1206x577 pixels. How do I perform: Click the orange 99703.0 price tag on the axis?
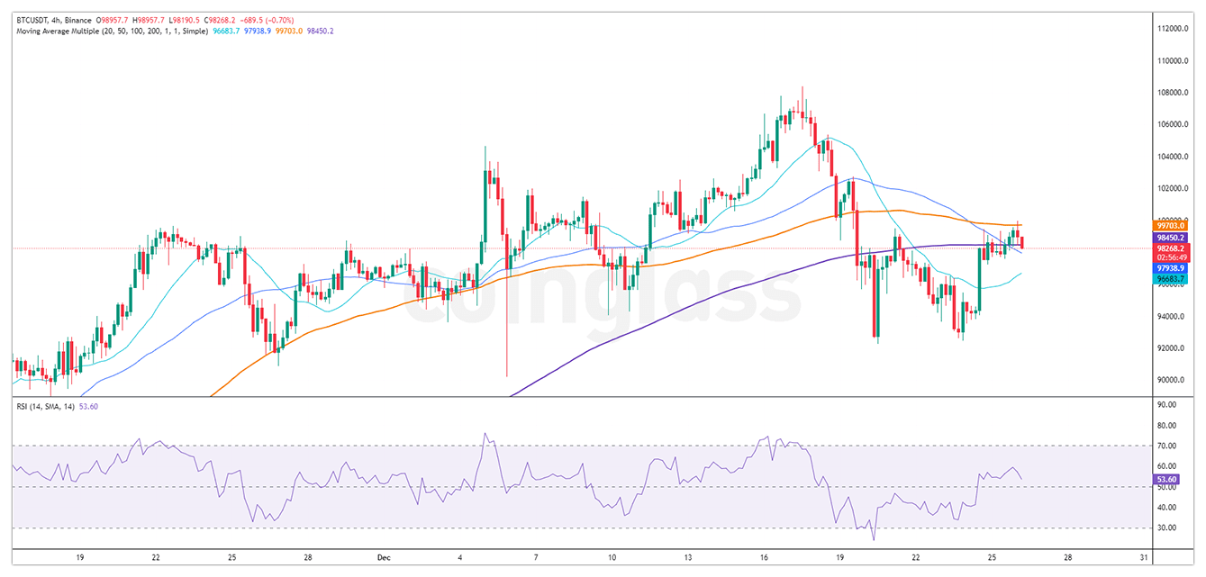tap(1171, 225)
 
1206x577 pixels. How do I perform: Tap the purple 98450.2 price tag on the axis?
tap(1171, 238)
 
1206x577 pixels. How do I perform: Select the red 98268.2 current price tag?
tap(1171, 248)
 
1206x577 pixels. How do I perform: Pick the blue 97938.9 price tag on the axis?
tap(1171, 268)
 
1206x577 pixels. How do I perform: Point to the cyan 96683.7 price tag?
tap(1171, 279)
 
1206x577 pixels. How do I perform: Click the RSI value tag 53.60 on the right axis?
tap(1170, 480)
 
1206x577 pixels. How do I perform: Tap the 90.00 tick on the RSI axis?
tap(1168, 405)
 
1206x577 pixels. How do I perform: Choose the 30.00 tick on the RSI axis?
tap(1168, 527)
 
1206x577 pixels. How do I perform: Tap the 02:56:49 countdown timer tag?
tap(1171, 257)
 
